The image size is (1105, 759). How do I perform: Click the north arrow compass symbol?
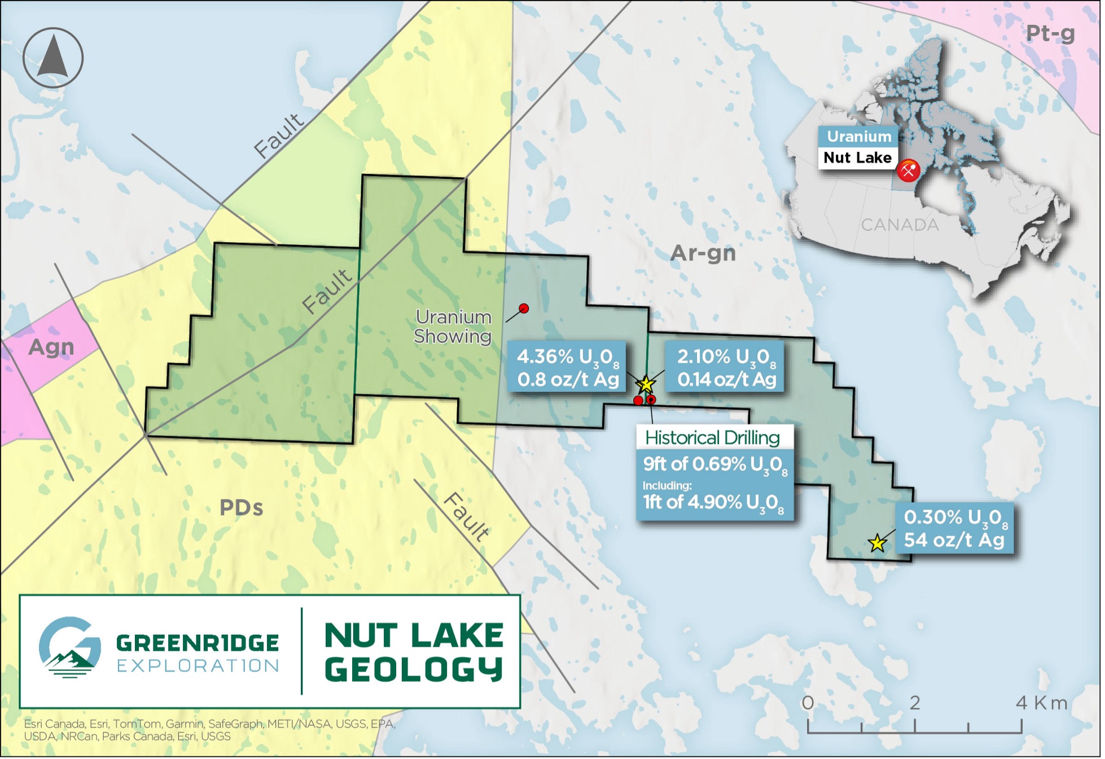[x=53, y=58]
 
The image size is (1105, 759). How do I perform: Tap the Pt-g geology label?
[x=1049, y=33]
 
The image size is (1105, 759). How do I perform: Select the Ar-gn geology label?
[x=703, y=253]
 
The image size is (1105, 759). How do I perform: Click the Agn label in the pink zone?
[x=51, y=346]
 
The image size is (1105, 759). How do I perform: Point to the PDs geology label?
[x=241, y=507]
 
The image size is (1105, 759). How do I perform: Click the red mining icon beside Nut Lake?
[x=908, y=170]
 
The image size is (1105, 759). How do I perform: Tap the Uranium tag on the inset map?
[x=858, y=137]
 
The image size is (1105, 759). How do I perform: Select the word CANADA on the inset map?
[x=900, y=225]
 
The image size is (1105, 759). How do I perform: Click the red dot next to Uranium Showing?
[x=524, y=308]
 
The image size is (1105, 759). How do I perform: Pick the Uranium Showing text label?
[x=453, y=326]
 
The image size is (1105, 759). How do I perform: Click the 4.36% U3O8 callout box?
[x=567, y=367]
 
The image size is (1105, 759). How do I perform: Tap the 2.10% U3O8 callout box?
[x=726, y=367]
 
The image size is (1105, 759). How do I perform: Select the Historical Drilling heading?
[x=712, y=437]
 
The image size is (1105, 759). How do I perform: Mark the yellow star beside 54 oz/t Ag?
[x=877, y=543]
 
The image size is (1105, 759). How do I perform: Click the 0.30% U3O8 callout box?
[x=954, y=528]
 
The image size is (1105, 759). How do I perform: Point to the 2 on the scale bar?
[x=914, y=703]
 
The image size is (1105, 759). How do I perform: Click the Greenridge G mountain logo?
[x=70, y=647]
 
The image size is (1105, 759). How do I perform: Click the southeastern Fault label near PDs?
[x=466, y=517]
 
